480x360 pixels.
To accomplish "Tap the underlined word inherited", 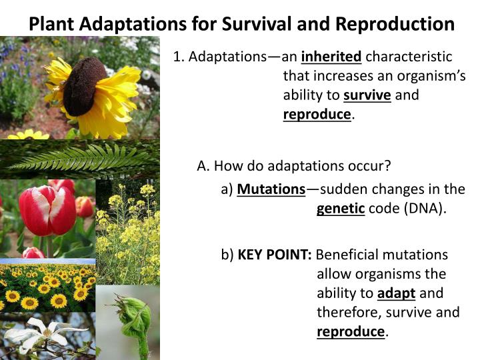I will (331, 57).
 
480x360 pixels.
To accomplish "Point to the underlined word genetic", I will (341, 209).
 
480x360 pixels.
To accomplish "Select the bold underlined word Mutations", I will (271, 189).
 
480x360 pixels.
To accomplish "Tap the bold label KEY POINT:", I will (275, 255).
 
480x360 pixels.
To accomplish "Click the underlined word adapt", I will (396, 293).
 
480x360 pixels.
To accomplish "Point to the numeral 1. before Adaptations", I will (179, 57).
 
